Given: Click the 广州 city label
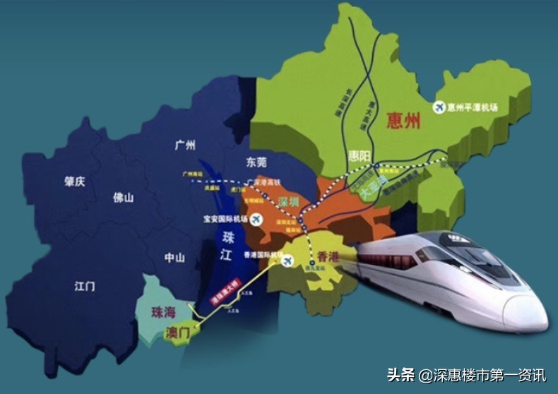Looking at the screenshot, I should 184,145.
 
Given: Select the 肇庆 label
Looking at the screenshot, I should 74,181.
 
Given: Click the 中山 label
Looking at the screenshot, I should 174,258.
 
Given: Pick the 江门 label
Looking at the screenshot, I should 85,286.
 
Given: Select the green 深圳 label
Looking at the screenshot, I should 288,203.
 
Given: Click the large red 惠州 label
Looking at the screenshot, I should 404,122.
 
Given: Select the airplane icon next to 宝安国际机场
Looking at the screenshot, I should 256,220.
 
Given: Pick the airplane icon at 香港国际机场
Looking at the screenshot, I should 287,261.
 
